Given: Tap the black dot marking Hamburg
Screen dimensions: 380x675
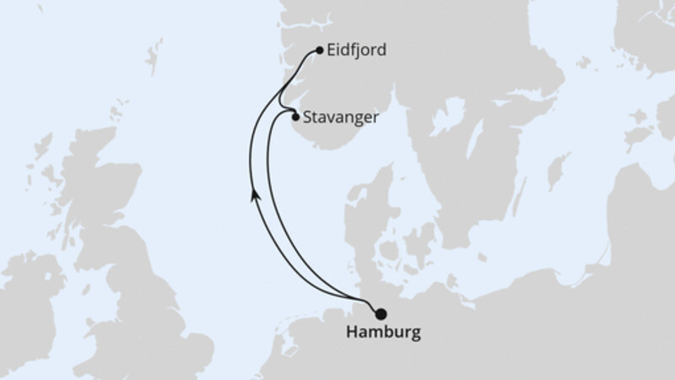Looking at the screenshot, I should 381,313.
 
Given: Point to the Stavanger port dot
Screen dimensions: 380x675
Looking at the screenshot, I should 294,118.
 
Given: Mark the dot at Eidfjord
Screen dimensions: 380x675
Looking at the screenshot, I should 320,51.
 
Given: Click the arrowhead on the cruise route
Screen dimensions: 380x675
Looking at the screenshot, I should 254,196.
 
